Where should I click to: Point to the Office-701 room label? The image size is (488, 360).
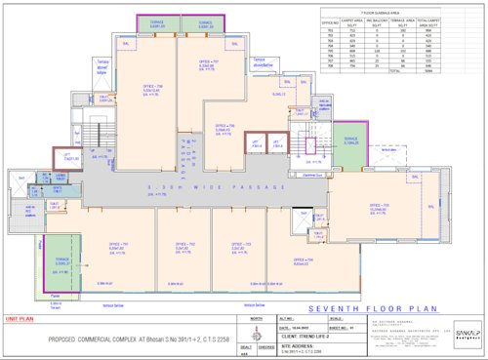tap(118, 219)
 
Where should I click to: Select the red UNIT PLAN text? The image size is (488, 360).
tap(20, 318)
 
